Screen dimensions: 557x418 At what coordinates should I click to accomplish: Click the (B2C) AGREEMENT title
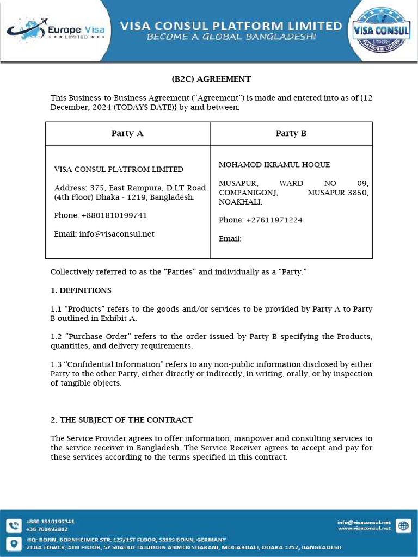211,79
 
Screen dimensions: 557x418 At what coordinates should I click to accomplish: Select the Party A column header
127,133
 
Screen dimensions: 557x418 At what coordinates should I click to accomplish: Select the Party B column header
291,133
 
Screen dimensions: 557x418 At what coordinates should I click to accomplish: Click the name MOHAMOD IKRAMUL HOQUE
274,165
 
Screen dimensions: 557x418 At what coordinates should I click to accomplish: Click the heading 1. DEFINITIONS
81,290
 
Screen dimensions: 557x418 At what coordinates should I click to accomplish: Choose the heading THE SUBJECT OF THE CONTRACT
126,420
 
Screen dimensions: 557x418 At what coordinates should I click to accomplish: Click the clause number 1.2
56,337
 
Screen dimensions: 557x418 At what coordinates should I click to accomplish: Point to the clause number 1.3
56,364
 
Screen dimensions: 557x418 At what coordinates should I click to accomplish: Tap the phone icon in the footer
13,525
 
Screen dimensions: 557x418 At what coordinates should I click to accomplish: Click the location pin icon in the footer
13,543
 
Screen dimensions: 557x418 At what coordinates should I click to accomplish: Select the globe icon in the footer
403,525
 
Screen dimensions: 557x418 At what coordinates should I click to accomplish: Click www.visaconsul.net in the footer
364,529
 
